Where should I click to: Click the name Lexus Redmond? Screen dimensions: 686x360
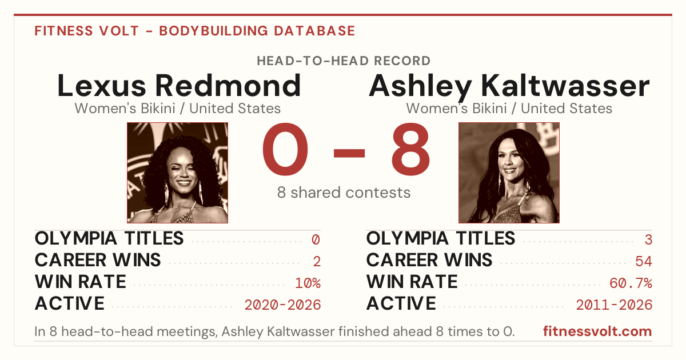[179, 86]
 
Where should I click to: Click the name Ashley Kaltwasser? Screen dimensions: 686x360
[509, 87]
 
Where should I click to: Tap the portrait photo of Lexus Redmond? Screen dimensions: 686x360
[177, 173]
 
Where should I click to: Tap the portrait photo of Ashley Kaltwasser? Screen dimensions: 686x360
[509, 173]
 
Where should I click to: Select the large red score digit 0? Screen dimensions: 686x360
[285, 149]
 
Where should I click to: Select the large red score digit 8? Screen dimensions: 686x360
[410, 149]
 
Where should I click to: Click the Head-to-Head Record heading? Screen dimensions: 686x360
[344, 61]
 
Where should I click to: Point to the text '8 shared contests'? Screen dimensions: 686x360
[344, 193]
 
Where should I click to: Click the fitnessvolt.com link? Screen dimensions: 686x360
[597, 331]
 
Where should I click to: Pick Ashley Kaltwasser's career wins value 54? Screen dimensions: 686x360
[644, 261]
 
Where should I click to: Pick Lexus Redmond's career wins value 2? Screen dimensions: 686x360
[317, 261]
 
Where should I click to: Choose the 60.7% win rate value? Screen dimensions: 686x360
[631, 283]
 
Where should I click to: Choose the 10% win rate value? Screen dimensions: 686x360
[308, 283]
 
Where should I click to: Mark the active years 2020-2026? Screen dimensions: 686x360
[282, 305]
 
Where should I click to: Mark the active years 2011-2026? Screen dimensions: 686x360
[614, 305]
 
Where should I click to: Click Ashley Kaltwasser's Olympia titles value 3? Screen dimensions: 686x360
[648, 239]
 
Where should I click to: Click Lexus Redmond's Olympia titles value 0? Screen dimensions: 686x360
[316, 239]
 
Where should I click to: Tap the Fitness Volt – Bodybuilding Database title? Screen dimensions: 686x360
[195, 31]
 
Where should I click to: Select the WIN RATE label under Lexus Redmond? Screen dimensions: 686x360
[80, 282]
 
